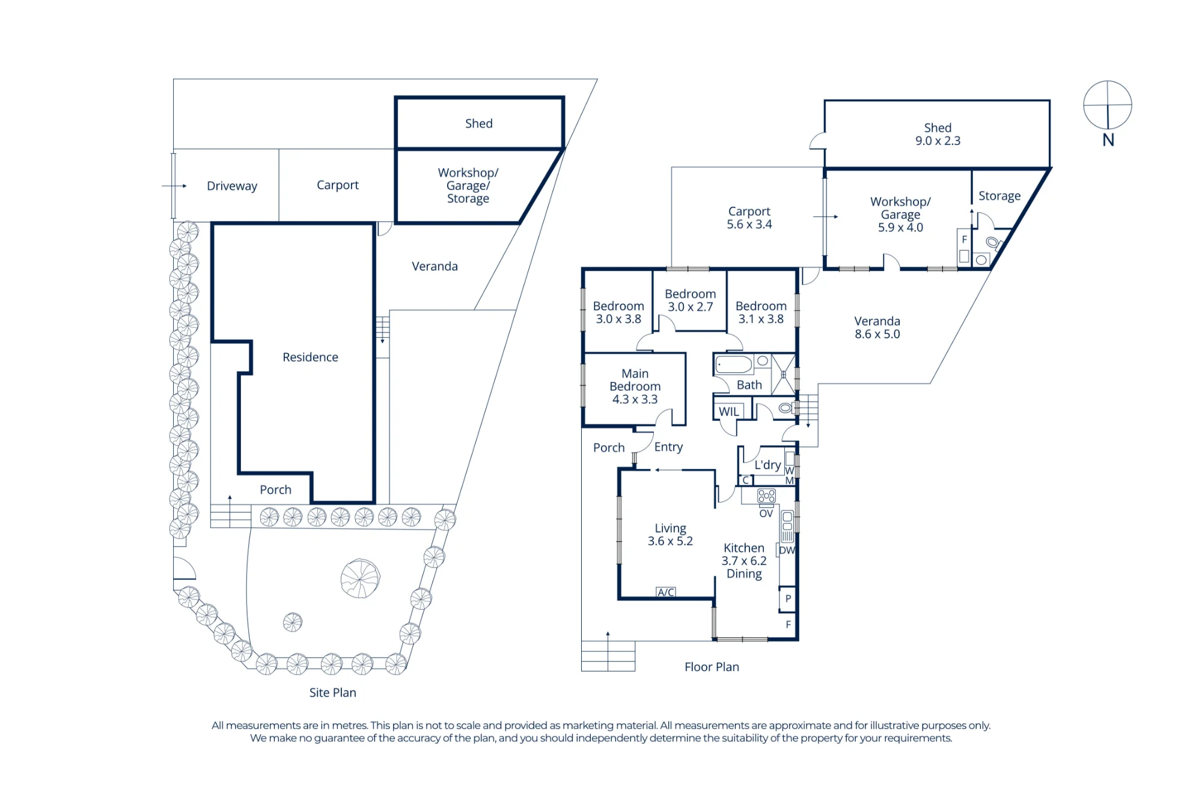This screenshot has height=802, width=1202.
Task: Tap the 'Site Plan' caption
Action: [x=332, y=693]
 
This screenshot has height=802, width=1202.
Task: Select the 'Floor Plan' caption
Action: [x=712, y=667]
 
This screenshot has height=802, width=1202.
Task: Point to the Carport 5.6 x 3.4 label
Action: [x=749, y=218]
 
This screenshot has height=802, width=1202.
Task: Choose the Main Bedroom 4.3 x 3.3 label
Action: [x=635, y=386]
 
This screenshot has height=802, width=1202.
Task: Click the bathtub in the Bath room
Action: [x=734, y=364]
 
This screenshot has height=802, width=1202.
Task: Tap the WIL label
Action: [x=728, y=412]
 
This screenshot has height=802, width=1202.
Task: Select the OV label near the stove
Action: [x=766, y=513]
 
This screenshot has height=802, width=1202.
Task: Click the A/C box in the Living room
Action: [x=665, y=592]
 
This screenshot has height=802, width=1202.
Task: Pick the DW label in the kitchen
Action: [x=787, y=550]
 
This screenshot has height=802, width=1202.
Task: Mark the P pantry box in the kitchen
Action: [x=788, y=599]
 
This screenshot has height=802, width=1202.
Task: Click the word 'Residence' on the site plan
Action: [x=310, y=357]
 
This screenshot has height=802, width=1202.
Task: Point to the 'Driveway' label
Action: [x=232, y=186]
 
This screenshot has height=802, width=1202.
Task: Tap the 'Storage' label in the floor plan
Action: [x=999, y=196]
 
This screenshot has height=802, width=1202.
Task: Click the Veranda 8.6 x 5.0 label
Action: [x=877, y=328]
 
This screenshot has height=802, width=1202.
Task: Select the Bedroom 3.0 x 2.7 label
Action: [x=690, y=300]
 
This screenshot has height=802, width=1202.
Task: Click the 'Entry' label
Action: [x=668, y=447]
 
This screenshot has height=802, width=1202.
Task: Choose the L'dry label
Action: [x=767, y=465]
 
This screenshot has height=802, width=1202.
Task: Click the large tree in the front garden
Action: [x=360, y=578]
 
